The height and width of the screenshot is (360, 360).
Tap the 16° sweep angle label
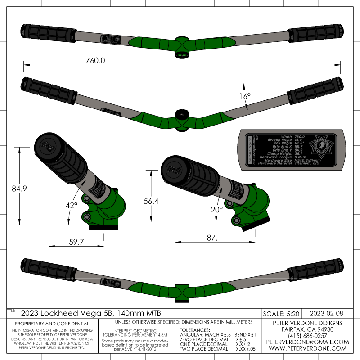244,96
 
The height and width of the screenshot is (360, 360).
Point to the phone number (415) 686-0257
307,336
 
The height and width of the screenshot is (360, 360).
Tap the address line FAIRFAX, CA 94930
307,329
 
